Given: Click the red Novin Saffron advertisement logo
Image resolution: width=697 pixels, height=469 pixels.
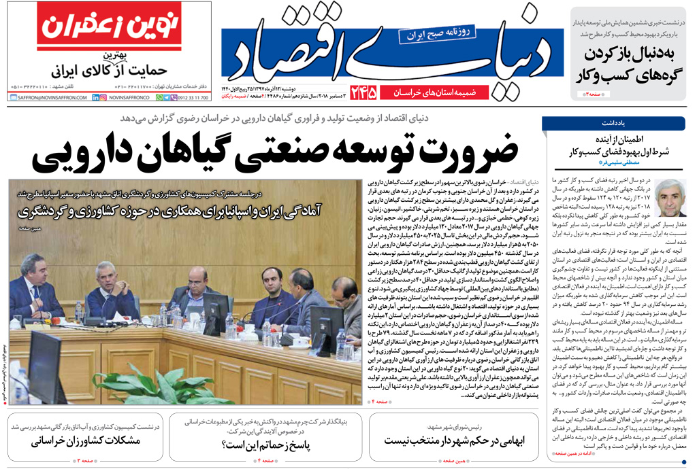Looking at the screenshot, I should (x=110, y=29).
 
